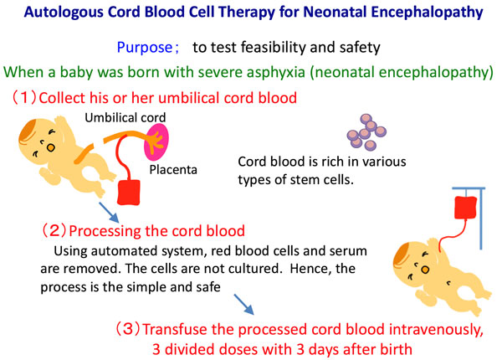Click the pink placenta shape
pos(156,141)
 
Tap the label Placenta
pos(173,170)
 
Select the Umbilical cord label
pos(125,117)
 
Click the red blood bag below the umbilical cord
pos(129,192)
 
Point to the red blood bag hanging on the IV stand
pos(466,208)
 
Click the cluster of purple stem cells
pos(367,132)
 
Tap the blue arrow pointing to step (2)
pos(109,212)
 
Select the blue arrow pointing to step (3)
pos(244,304)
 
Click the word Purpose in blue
pos(145,48)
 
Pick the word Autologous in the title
pos(64,13)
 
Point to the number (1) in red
pos(24,97)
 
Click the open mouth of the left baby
pos(51,147)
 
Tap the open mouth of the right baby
pos(425,270)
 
